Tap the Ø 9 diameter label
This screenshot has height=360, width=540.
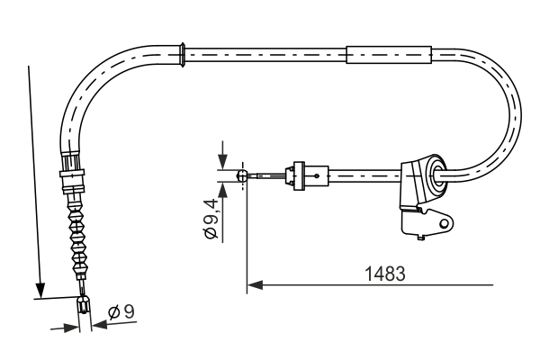click(x=121, y=313)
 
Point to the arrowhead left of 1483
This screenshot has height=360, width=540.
click(x=253, y=285)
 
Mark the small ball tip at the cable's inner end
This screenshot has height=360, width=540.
click(x=241, y=176)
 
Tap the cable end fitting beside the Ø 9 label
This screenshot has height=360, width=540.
click(x=84, y=309)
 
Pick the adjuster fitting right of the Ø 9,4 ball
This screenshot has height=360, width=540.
click(x=295, y=175)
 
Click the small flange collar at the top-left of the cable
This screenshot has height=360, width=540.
click(x=183, y=53)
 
